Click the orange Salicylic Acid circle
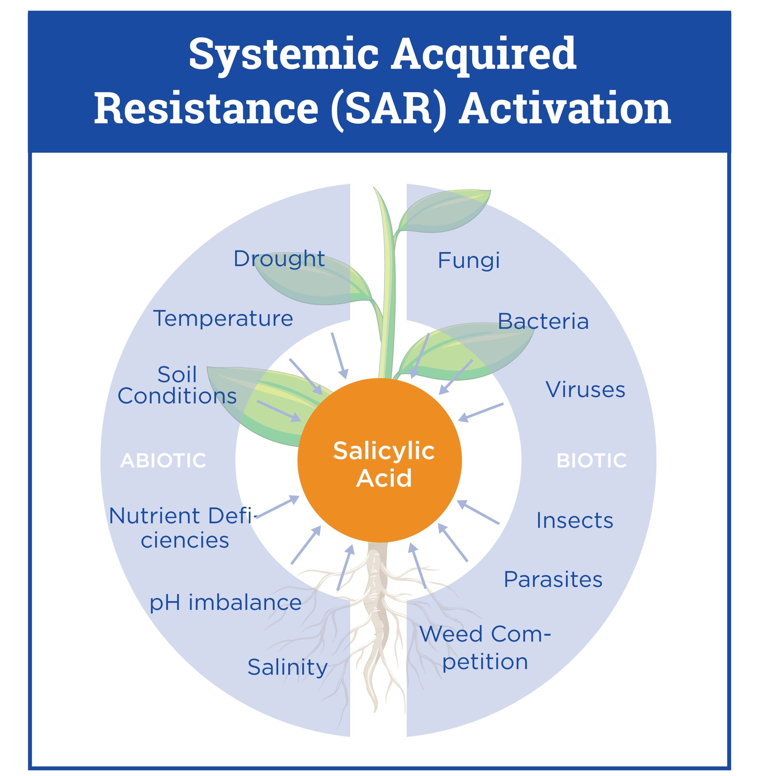pyautogui.click(x=379, y=460)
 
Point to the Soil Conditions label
pyautogui.click(x=177, y=385)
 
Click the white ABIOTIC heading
pyautogui.click(x=163, y=460)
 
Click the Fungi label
pyautogui.click(x=469, y=261)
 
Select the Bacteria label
pyautogui.click(x=543, y=321)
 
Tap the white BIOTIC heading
pyautogui.click(x=591, y=460)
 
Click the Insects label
pyautogui.click(x=574, y=520)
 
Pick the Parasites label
pyautogui.click(x=553, y=579)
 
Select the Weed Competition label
pyautogui.click(x=485, y=647)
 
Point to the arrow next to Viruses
pyautogui.click(x=480, y=412)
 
